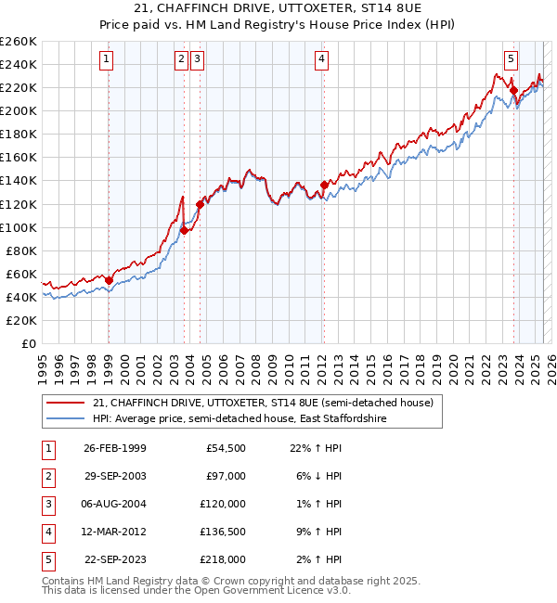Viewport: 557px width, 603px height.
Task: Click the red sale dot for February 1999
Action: point(109,280)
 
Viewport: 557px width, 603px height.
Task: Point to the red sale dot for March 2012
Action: point(324,184)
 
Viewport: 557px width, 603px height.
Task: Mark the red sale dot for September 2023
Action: point(513,89)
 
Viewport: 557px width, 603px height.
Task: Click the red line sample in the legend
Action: point(66,404)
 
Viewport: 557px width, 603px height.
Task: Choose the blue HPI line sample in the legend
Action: point(66,419)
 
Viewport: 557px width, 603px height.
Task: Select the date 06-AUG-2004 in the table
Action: point(114,504)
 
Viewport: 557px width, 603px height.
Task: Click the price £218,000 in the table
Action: point(226,559)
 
